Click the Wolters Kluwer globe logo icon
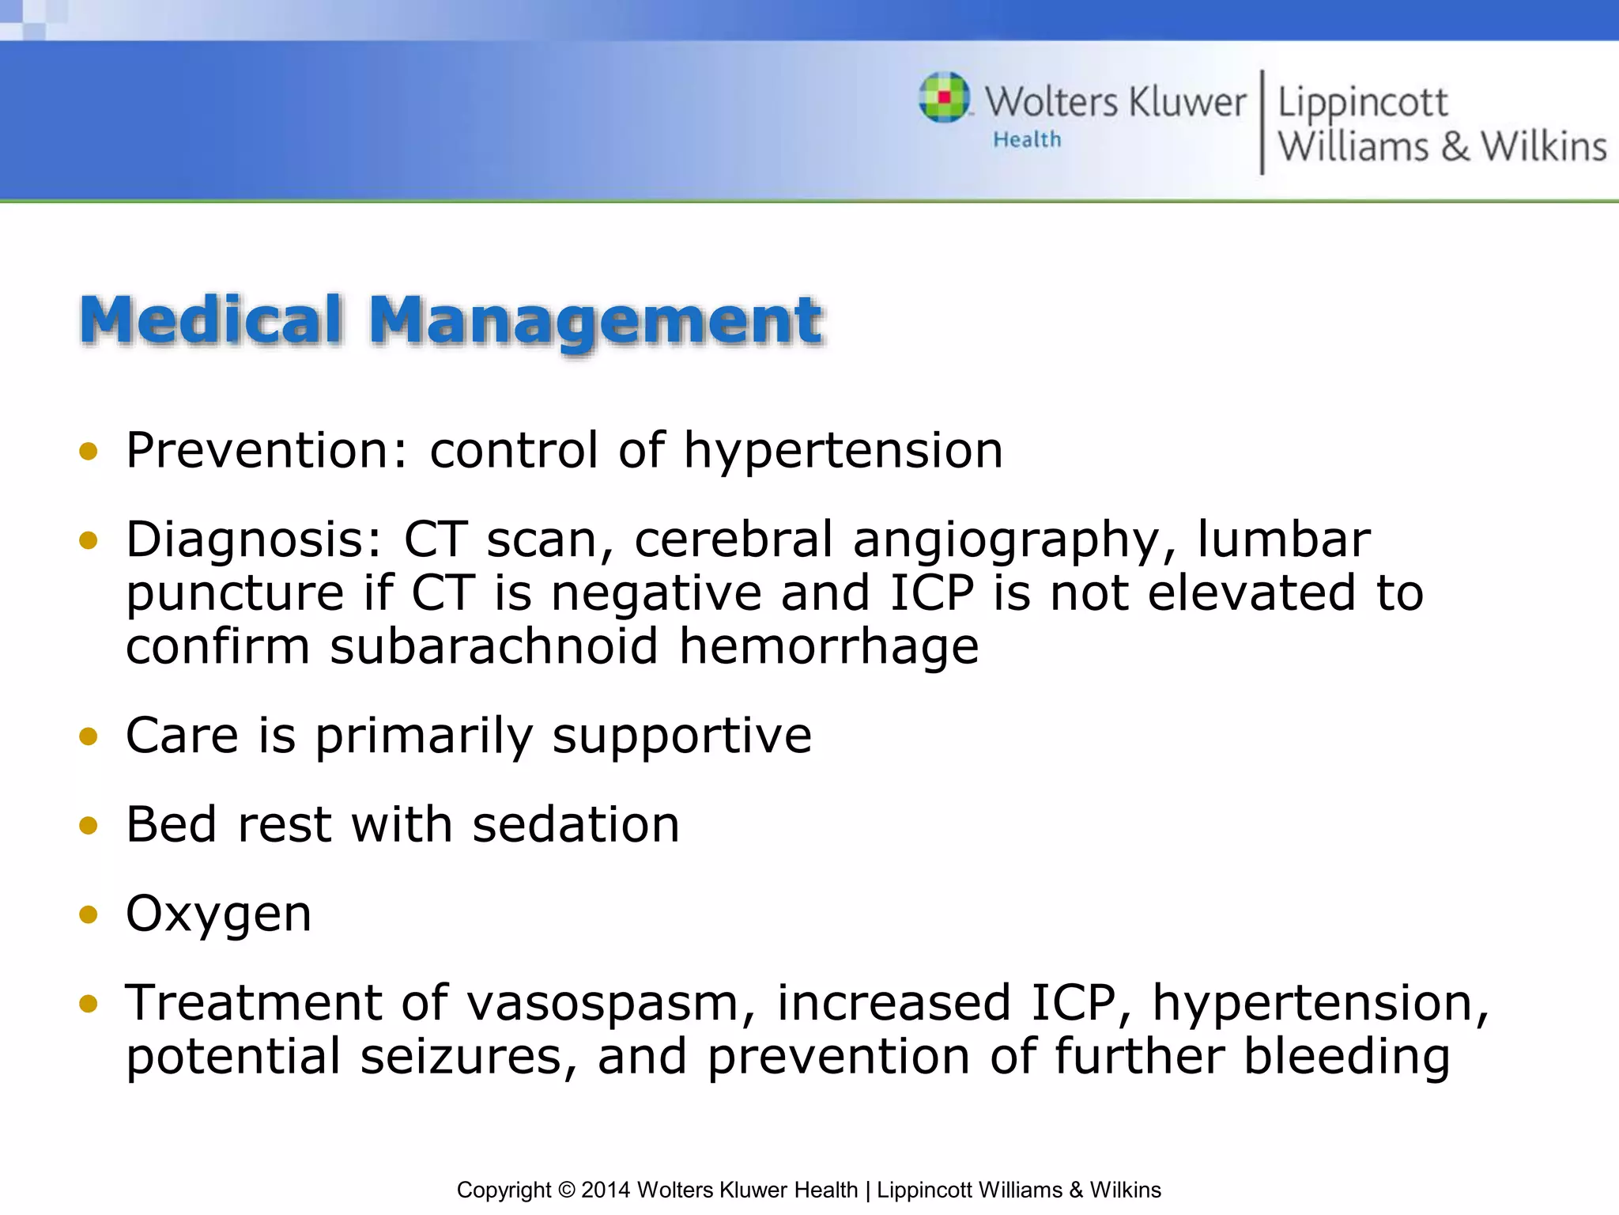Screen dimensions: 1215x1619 click(944, 97)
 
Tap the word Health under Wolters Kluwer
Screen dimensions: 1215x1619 click(1027, 140)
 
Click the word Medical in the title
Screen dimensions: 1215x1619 click(211, 320)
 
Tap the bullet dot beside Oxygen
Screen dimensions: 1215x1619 click(89, 915)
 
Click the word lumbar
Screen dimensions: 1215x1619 click(1284, 539)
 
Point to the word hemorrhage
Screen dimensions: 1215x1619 click(828, 646)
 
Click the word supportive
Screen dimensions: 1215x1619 click(681, 736)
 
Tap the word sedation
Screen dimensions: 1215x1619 click(576, 825)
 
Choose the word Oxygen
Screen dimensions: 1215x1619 click(218, 914)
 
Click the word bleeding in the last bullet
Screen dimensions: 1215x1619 click(1346, 1058)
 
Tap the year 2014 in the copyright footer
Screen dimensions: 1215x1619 click(606, 1190)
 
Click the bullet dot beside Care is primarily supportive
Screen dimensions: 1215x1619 click(89, 737)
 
